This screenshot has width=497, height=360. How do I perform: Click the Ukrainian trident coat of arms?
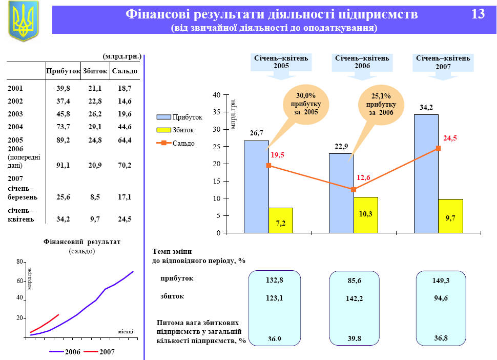click(x=23, y=21)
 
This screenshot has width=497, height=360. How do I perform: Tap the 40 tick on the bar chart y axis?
click(x=217, y=95)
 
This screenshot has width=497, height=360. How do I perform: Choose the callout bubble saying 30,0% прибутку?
click(x=307, y=104)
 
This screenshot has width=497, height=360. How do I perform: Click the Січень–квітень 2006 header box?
click(x=362, y=62)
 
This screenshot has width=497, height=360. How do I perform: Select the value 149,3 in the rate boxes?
click(x=441, y=281)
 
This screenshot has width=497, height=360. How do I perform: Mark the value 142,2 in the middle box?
click(x=354, y=298)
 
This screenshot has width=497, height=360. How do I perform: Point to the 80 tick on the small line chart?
click(x=20, y=262)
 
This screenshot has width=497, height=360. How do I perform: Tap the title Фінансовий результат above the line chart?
click(x=82, y=242)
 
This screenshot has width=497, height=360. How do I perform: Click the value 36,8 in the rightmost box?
click(x=441, y=338)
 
